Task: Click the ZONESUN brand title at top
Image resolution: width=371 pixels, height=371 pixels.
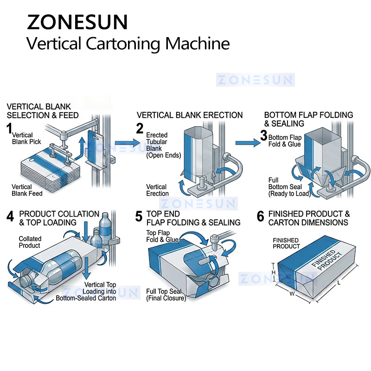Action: (77, 22)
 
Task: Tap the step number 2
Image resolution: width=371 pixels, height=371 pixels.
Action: (140, 128)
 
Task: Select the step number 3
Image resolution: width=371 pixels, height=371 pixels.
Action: (263, 135)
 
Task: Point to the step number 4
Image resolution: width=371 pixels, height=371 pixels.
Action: (11, 216)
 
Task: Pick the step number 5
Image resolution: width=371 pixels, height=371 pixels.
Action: (139, 216)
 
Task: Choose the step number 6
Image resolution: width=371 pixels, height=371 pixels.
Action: (260, 216)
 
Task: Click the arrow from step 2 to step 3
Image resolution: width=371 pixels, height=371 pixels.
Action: (248, 143)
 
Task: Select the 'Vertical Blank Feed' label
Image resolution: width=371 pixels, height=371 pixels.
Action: (27, 190)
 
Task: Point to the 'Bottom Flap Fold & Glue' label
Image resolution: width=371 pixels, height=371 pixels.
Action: (285, 141)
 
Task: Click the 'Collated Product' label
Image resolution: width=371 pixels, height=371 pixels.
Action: (30, 242)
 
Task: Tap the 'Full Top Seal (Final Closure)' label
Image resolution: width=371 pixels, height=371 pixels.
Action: (166, 295)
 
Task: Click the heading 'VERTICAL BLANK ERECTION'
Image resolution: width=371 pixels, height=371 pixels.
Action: (189, 115)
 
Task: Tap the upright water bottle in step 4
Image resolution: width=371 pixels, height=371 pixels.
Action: (105, 226)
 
